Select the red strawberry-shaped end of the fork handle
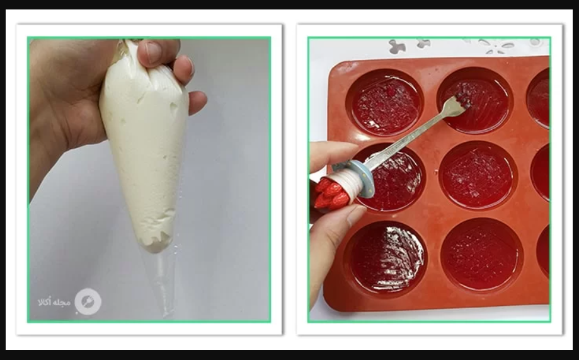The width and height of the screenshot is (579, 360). [331, 194]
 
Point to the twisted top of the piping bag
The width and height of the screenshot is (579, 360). [129, 55]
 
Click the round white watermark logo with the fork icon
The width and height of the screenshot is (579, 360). [88, 302]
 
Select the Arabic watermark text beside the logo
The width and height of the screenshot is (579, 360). [54, 301]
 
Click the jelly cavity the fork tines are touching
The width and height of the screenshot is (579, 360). [475, 100]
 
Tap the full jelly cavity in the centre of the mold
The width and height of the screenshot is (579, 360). [478, 175]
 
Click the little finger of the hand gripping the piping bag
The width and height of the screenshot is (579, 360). [197, 102]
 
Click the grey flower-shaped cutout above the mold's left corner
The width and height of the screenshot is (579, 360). [398, 47]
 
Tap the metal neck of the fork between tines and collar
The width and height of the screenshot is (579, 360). [410, 136]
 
